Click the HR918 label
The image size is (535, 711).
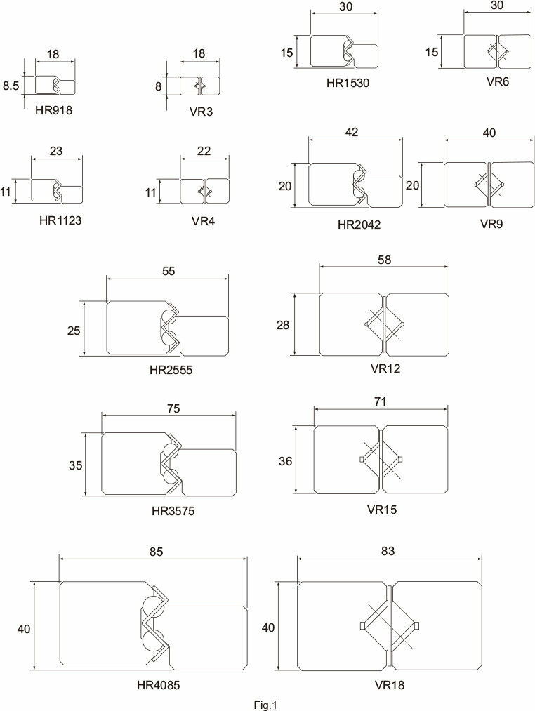point(53,110)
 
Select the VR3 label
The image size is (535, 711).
point(201,112)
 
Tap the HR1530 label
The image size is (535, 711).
point(348,83)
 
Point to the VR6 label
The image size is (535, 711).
point(498,81)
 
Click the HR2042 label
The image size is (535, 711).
point(359,225)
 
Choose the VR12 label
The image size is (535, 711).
point(385,368)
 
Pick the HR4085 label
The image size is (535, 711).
point(159,685)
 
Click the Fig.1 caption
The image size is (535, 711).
point(265,705)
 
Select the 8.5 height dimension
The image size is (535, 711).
point(11,86)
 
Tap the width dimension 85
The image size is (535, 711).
point(156,552)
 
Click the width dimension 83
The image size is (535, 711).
point(388,551)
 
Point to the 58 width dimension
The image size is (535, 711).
point(384,260)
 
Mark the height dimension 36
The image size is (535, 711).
point(286,461)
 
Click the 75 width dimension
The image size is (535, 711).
point(173,408)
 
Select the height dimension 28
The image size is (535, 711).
point(283,325)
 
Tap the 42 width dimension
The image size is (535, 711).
point(352,132)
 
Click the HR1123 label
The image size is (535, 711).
point(60,221)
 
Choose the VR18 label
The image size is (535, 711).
point(390,684)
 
